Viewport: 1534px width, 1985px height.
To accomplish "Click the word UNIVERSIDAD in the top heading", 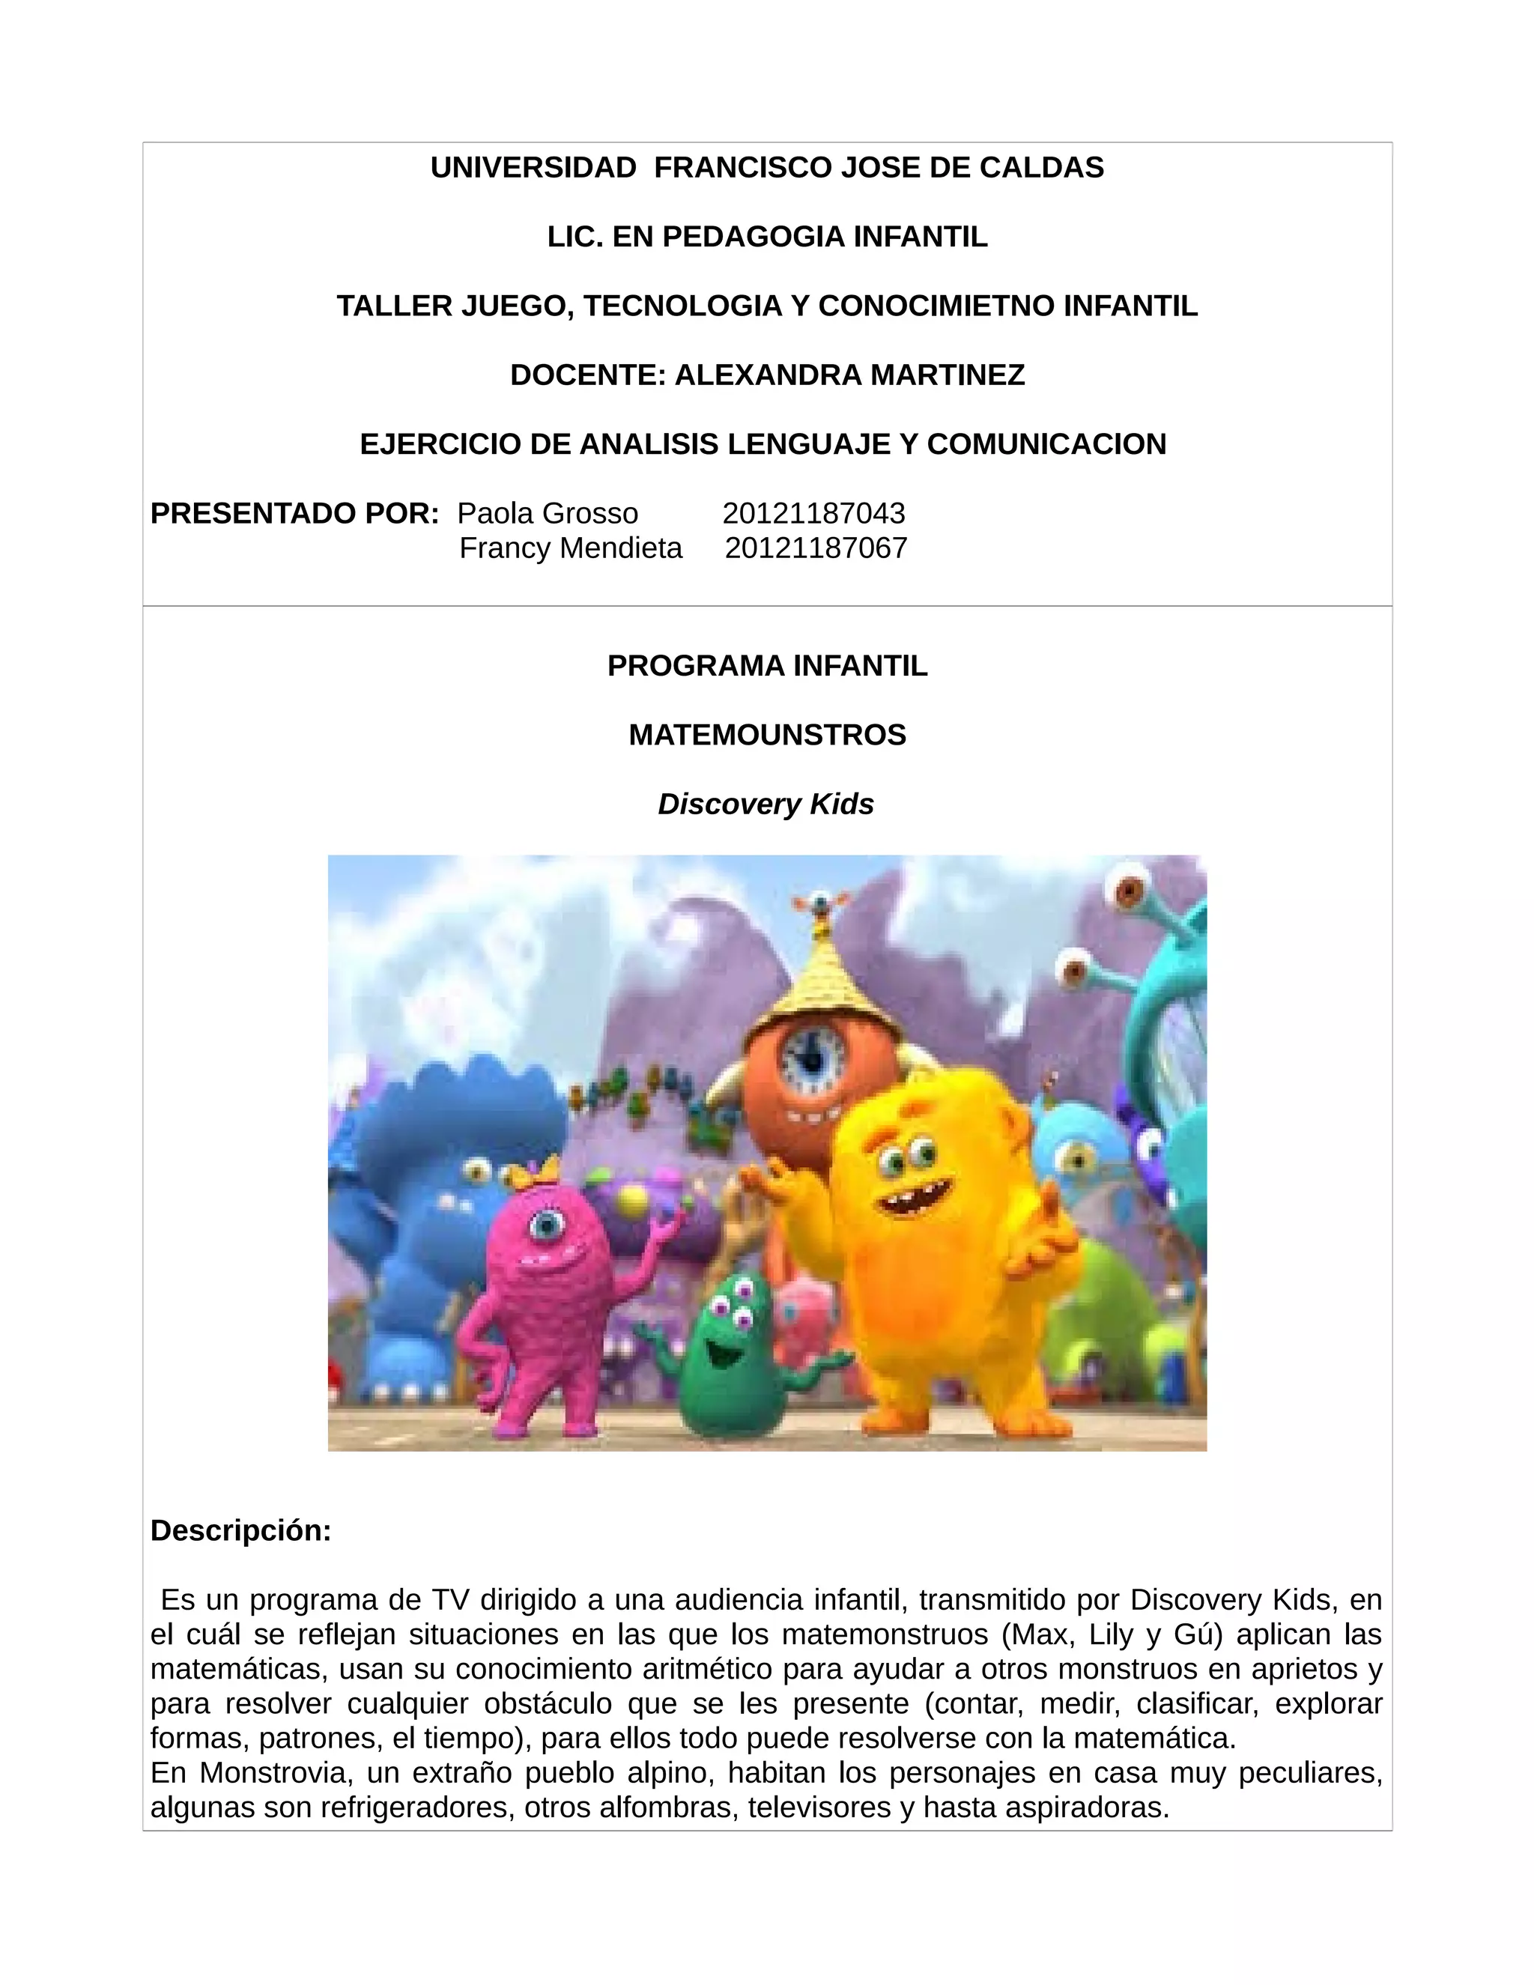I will coord(533,168).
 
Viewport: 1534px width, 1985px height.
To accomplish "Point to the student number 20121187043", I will coord(813,514).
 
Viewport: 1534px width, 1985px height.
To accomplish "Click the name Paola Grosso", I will coord(547,514).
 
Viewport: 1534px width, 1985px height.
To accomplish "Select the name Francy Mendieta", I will coord(571,548).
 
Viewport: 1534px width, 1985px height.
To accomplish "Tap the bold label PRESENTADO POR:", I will coord(294,514).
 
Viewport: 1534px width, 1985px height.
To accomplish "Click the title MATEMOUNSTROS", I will coord(767,736).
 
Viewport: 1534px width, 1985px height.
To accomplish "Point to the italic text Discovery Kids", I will coord(766,804).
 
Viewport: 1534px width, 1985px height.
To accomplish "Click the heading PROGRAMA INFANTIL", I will coord(767,666).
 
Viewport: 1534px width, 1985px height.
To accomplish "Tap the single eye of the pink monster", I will coord(546,1226).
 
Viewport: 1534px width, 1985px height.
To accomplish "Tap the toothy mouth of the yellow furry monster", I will coord(913,1198).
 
